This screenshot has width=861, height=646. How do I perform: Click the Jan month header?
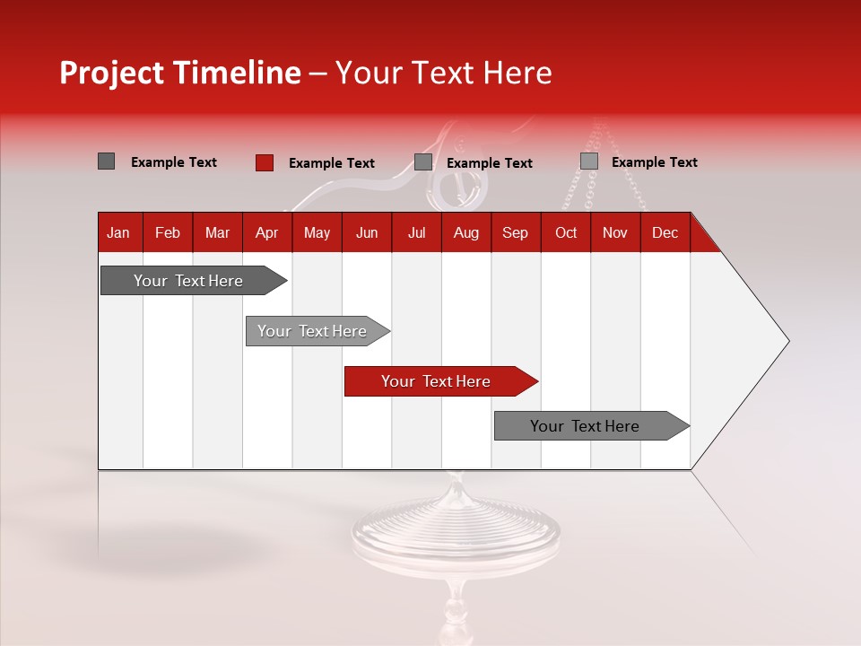[118, 233]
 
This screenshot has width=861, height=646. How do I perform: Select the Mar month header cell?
[217, 233]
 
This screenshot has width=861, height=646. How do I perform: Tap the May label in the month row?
[317, 233]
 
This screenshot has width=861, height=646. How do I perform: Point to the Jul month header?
[416, 233]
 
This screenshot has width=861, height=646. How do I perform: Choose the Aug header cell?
[465, 233]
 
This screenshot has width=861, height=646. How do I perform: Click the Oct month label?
[566, 233]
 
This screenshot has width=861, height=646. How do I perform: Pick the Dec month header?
[665, 233]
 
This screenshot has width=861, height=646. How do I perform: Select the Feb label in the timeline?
[168, 233]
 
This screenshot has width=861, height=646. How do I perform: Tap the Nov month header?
[615, 233]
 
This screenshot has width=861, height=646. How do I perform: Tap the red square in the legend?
[264, 162]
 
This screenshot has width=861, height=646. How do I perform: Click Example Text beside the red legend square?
[331, 163]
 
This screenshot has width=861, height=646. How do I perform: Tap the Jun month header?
[367, 233]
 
